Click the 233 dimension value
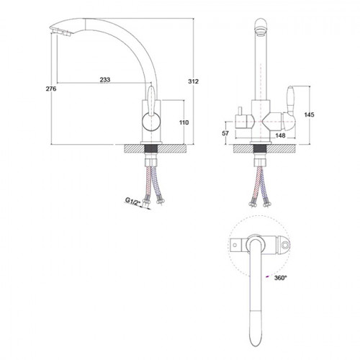pyautogui.click(x=105, y=79)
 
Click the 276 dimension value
pyautogui.click(x=51, y=89)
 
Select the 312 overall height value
pyautogui.click(x=193, y=81)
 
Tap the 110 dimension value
pyautogui.click(x=184, y=122)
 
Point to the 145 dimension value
pyautogui.click(x=309, y=114)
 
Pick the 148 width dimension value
pyautogui.click(x=280, y=135)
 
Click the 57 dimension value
pyautogui.click(x=225, y=133)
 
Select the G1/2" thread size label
pyautogui.click(x=132, y=201)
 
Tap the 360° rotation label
pyautogui.click(x=281, y=278)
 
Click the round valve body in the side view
pyautogui.click(x=151, y=122)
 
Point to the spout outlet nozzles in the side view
pyautogui.click(x=61, y=32)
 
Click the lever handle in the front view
pyautogui.click(x=289, y=108)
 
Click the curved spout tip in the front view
pyautogui.click(x=261, y=27)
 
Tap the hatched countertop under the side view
pyautogui.click(x=156, y=148)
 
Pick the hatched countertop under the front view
pyautogui.click(x=266, y=148)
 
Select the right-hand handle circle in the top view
pyautogui.click(x=285, y=245)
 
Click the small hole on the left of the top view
pyautogui.click(x=235, y=245)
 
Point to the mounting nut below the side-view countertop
pyautogui.click(x=151, y=162)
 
